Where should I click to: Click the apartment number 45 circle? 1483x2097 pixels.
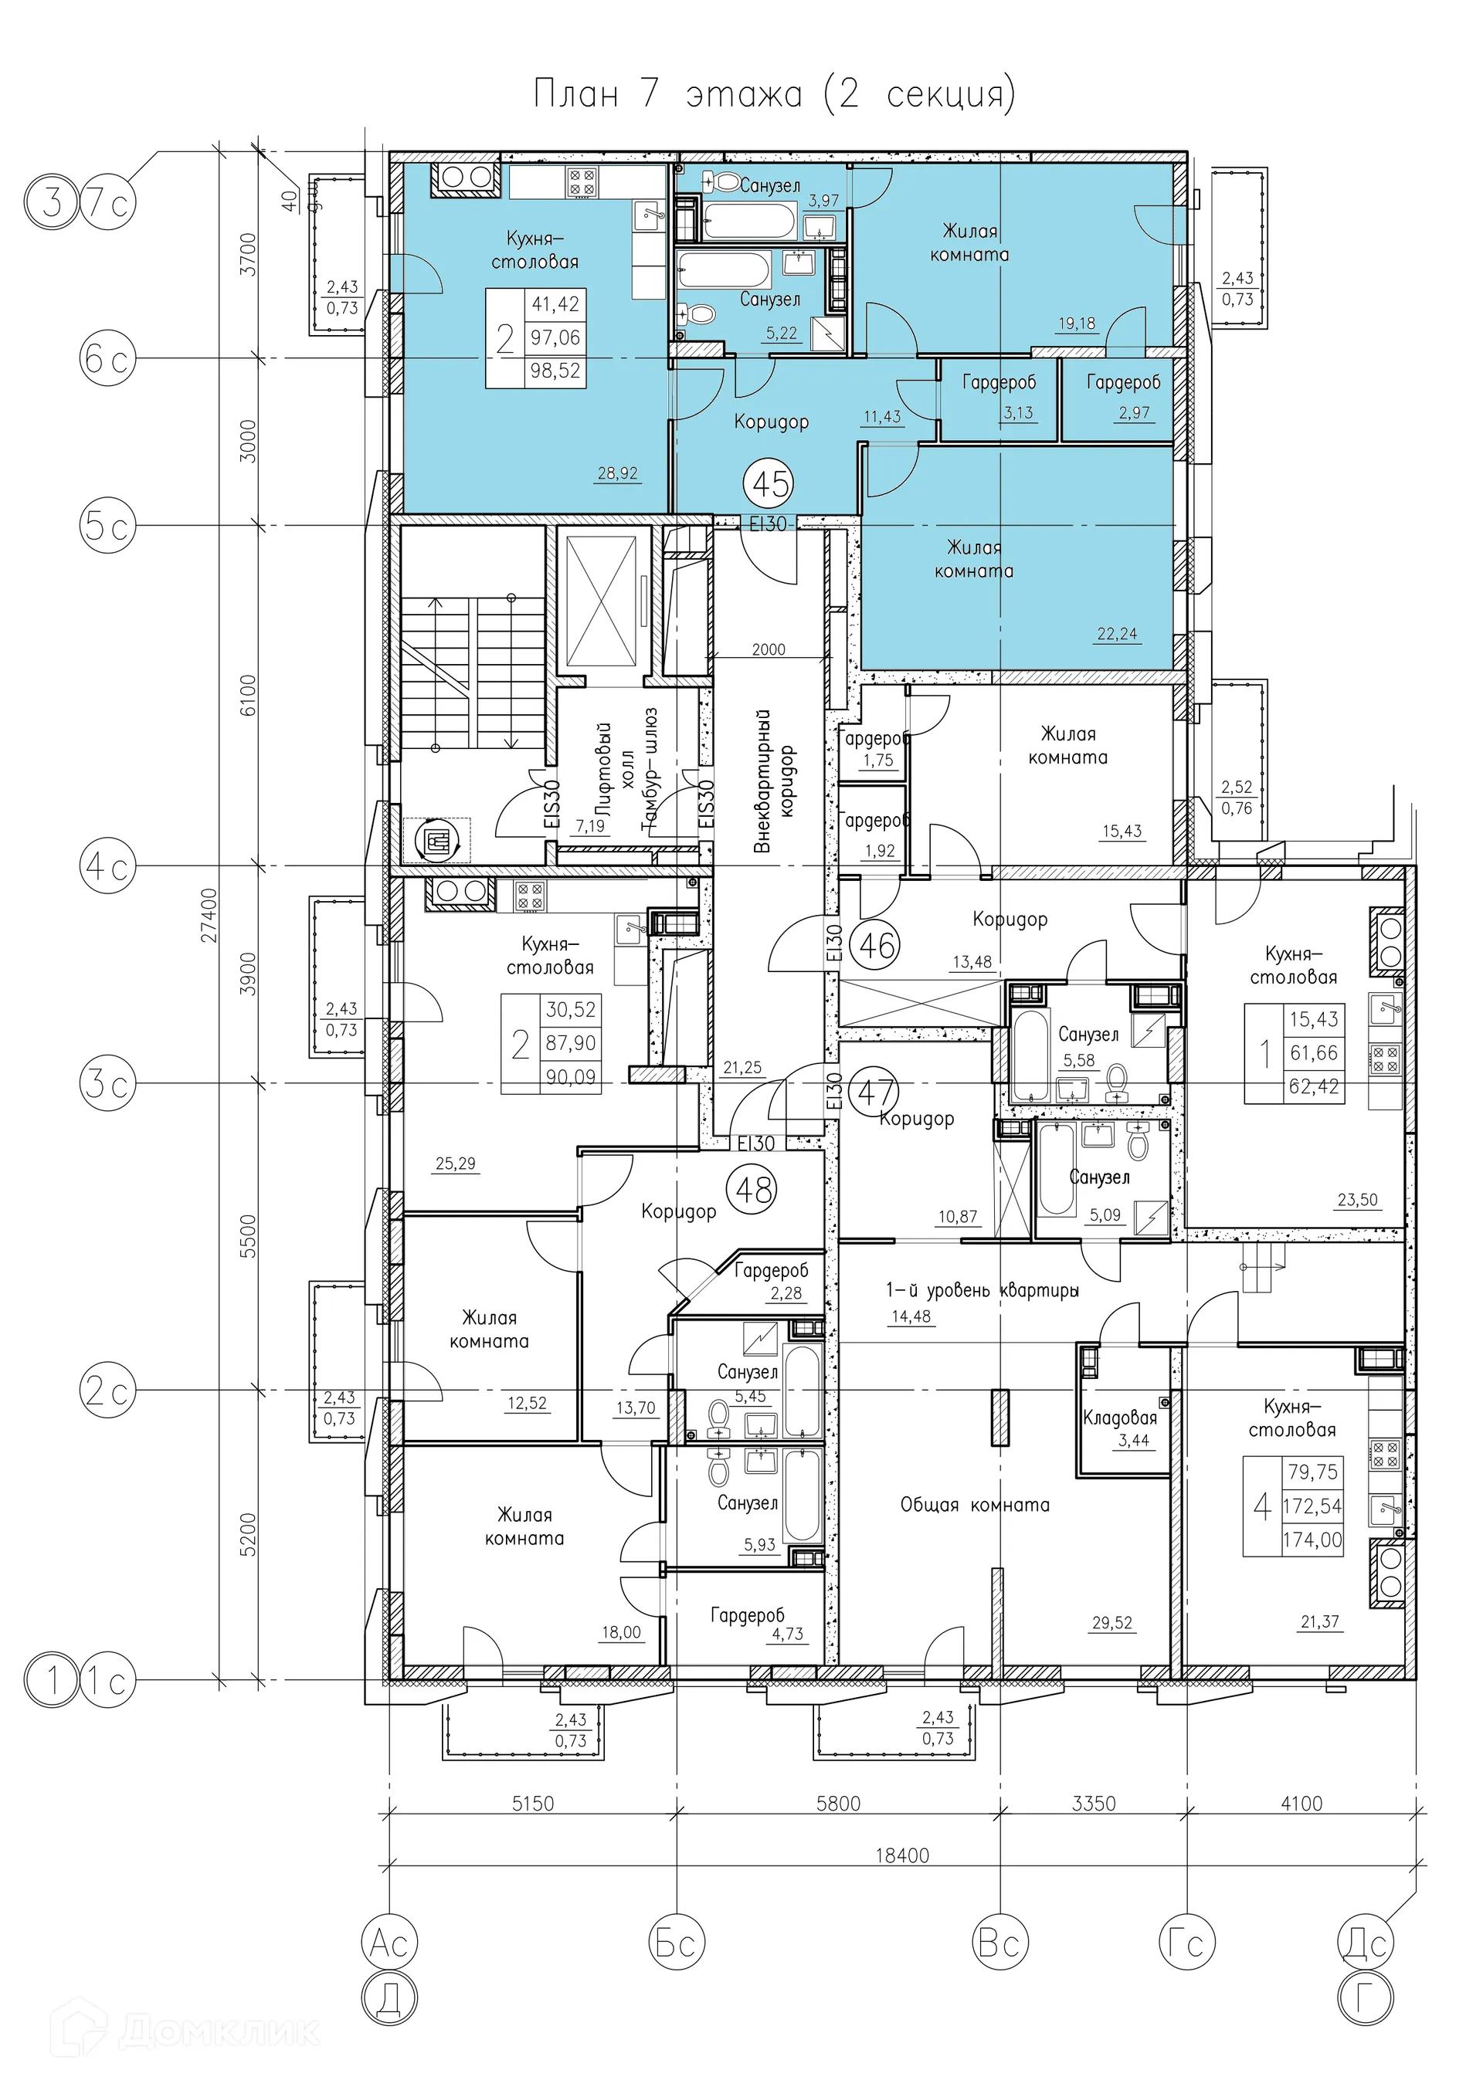click(x=770, y=483)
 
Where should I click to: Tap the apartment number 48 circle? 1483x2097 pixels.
click(x=753, y=1189)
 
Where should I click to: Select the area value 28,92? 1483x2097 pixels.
click(x=618, y=473)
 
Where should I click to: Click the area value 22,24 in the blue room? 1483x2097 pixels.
click(x=1117, y=634)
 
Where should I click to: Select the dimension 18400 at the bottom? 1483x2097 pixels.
click(x=902, y=1855)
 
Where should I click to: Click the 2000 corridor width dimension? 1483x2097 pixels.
click(x=769, y=649)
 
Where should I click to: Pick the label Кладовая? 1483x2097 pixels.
click(x=1119, y=1418)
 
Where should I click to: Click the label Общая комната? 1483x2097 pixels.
click(x=975, y=1504)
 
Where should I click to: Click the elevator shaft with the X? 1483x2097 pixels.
click(x=600, y=601)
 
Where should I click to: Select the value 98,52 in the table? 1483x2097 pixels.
click(x=555, y=371)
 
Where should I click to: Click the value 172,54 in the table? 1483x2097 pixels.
click(x=1312, y=1506)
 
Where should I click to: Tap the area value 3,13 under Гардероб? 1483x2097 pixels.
click(x=1018, y=413)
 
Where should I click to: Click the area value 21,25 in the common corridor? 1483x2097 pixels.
click(x=742, y=1067)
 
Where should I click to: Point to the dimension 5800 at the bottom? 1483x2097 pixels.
click(x=839, y=1803)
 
